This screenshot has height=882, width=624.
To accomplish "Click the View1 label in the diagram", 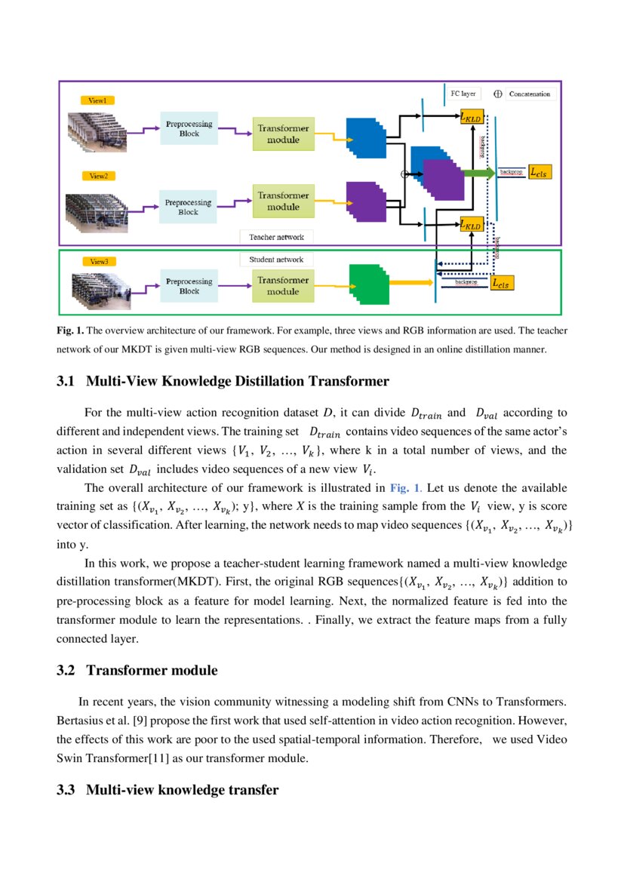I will tap(97, 100).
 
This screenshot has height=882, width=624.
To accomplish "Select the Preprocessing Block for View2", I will tap(188, 207).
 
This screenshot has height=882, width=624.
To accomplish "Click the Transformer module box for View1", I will tap(283, 134).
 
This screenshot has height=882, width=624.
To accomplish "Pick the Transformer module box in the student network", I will tap(283, 285).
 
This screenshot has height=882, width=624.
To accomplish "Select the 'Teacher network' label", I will tap(276, 237).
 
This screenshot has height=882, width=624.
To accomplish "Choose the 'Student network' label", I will tap(276, 260).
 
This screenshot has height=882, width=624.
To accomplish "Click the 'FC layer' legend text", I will tap(463, 94).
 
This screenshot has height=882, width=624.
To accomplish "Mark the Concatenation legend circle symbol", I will tap(498, 94).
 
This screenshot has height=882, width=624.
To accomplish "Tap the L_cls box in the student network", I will tap(500, 284).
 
